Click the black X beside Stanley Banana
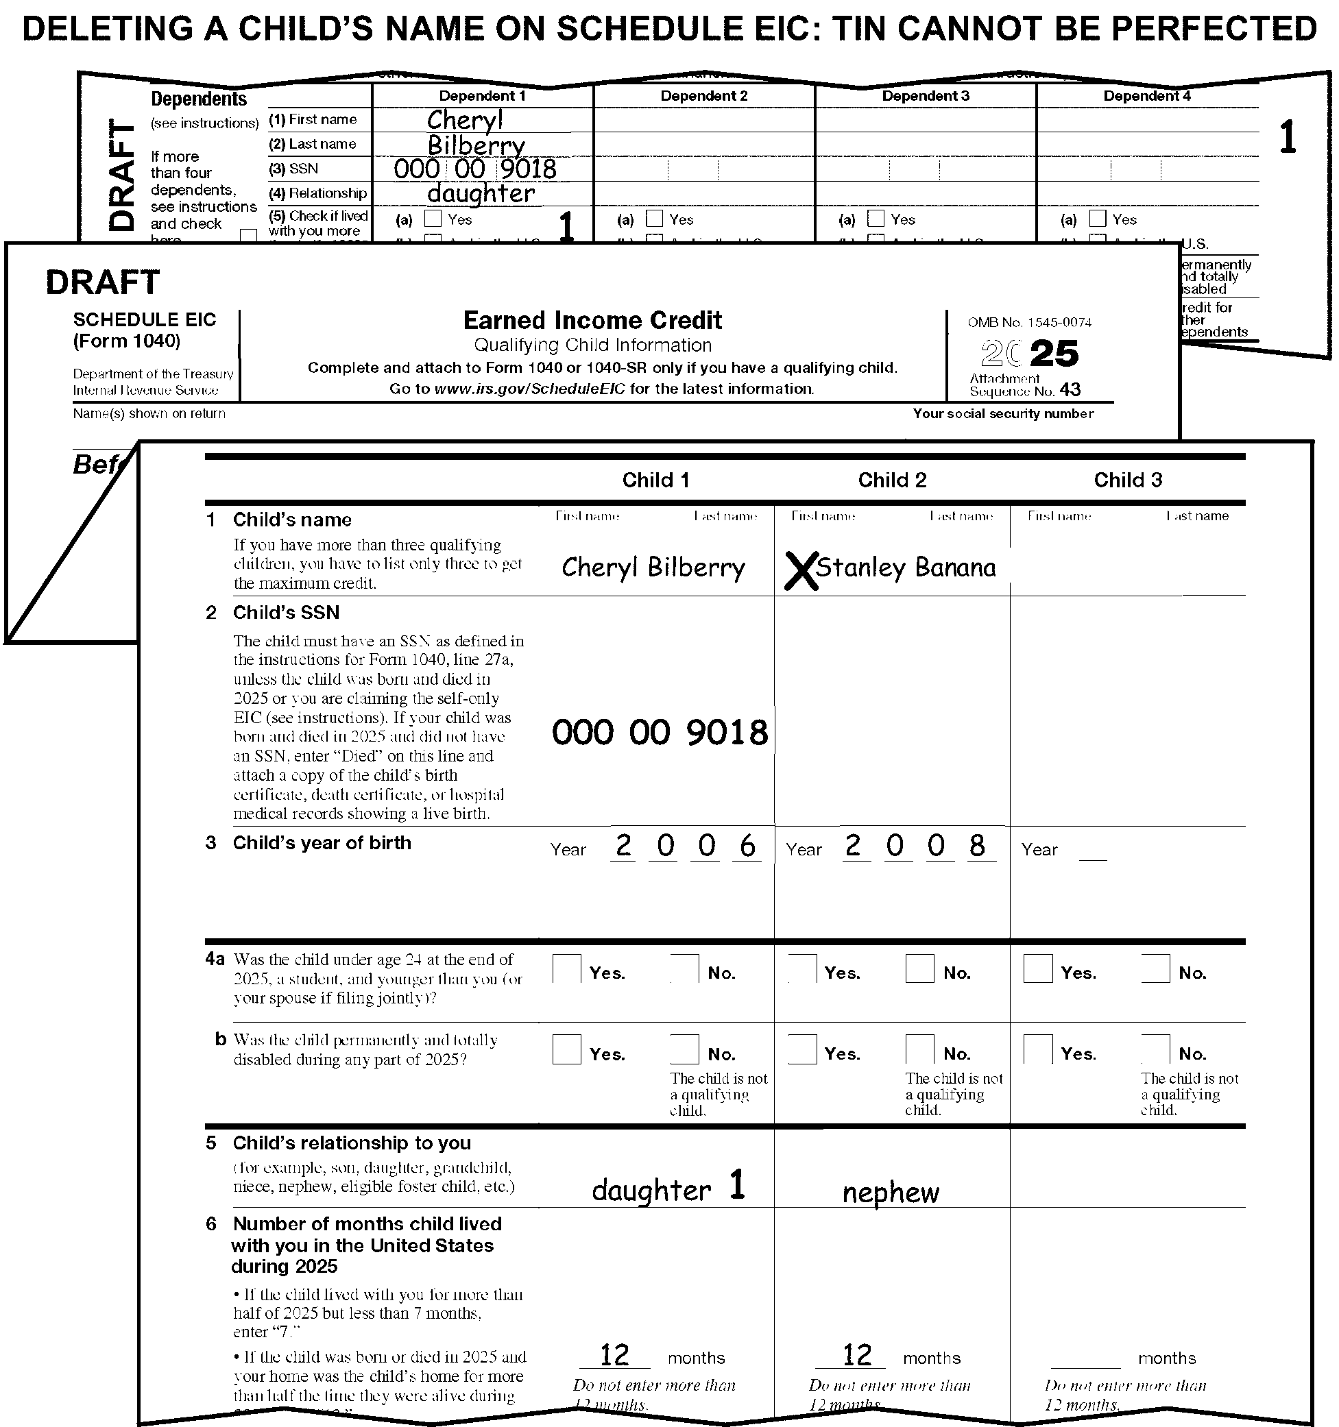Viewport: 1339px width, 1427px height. click(x=801, y=571)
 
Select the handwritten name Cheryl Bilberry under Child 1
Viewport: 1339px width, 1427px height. click(x=653, y=568)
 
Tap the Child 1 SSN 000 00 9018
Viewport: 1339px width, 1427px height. click(x=660, y=733)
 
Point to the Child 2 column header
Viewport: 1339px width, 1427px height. click(x=892, y=480)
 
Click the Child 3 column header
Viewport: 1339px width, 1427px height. click(x=1127, y=480)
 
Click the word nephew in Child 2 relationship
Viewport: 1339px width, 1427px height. click(x=891, y=1193)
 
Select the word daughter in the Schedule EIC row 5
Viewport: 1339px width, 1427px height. click(x=651, y=1191)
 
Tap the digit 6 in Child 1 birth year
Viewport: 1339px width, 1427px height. click(x=747, y=846)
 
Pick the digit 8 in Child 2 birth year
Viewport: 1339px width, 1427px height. click(x=976, y=846)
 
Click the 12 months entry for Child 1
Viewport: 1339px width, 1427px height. click(x=614, y=1355)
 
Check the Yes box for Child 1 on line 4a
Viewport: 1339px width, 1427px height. click(x=566, y=968)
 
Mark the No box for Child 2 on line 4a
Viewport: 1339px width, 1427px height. click(x=919, y=968)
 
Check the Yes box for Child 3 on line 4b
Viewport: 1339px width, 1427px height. click(x=1037, y=1049)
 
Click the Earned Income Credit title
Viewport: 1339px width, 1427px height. click(x=592, y=320)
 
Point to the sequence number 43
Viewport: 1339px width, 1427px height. click(x=1070, y=390)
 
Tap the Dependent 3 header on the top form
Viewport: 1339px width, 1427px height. click(x=926, y=96)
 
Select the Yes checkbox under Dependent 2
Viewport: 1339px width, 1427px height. click(x=654, y=218)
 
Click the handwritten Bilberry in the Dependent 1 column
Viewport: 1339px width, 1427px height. click(x=476, y=146)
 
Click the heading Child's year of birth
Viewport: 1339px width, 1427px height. click(x=322, y=843)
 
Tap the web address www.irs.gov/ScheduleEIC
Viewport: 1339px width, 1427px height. click(x=530, y=389)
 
